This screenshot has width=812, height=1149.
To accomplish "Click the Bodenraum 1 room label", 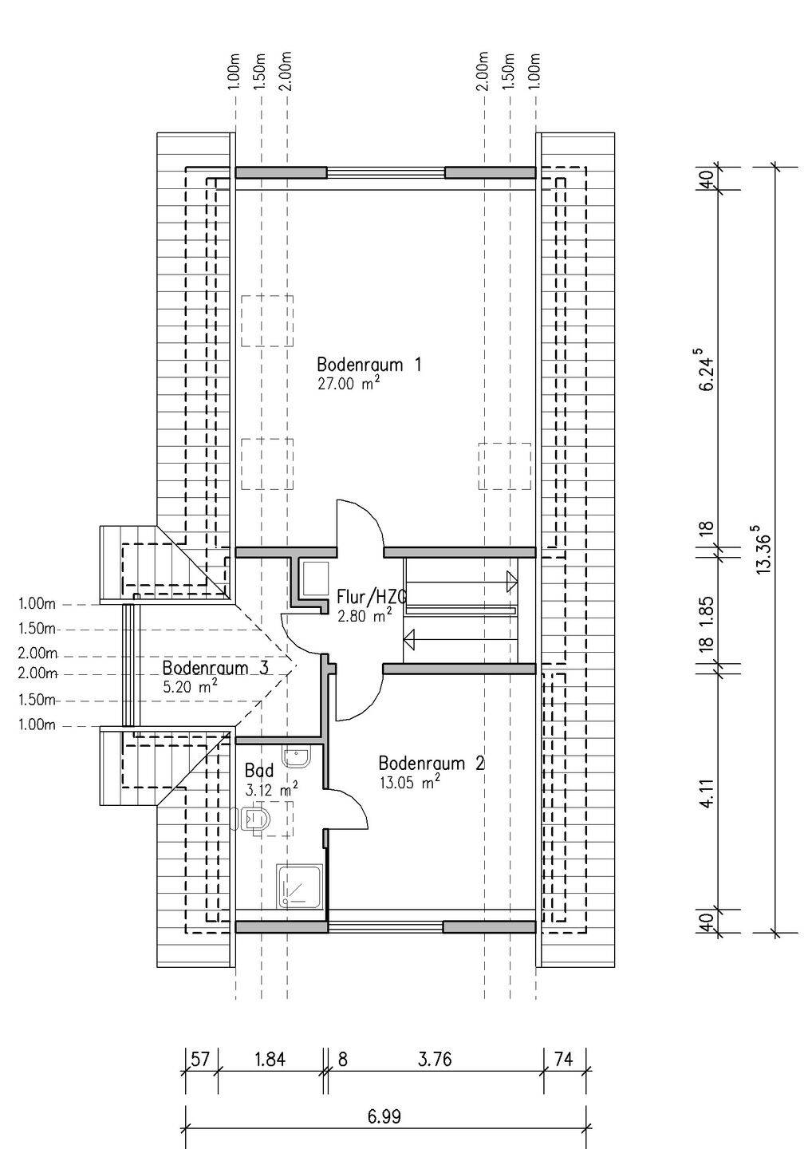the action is (369, 365).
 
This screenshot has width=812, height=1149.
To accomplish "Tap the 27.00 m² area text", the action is (348, 383).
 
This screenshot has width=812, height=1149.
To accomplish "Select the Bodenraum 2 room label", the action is (431, 764).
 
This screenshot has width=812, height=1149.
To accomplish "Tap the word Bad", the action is (259, 771).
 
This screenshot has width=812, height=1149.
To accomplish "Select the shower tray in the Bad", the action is (301, 886).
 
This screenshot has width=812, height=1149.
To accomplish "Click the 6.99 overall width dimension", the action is (384, 1116).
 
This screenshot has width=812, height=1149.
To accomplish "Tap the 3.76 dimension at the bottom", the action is (435, 1060).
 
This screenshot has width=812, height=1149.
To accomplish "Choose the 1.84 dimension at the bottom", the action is (270, 1060).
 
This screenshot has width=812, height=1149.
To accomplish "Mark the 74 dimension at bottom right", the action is (564, 1060).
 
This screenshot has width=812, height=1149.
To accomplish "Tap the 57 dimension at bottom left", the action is (200, 1060).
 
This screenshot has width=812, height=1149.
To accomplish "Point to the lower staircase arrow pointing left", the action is (412, 638).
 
